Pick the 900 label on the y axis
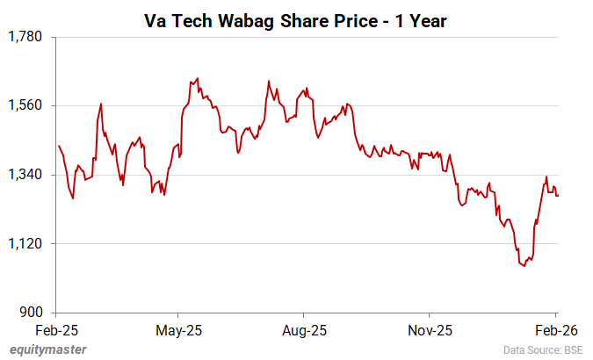(32, 313)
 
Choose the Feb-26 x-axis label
(555, 330)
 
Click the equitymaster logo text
(48, 349)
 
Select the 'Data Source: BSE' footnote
(542, 349)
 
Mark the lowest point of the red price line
(524, 265)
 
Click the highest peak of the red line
(198, 78)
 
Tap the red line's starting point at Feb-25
(58, 145)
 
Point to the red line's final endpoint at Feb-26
(558, 195)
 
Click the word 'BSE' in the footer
(571, 349)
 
